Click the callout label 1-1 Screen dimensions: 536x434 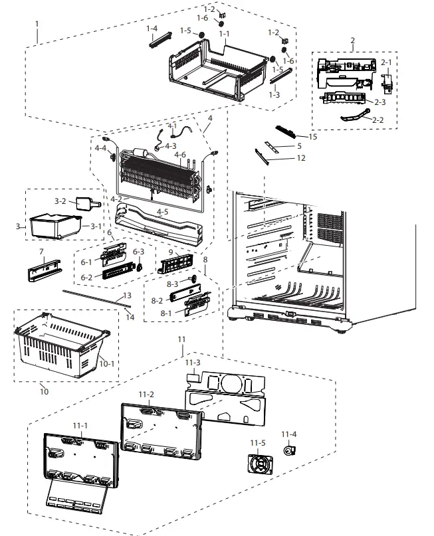click(x=225, y=34)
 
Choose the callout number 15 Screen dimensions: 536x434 click(x=313, y=137)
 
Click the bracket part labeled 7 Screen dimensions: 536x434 click(x=43, y=271)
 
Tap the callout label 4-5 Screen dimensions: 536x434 click(x=162, y=213)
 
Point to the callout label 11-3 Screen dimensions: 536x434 click(x=192, y=362)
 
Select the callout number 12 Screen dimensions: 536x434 click(x=301, y=158)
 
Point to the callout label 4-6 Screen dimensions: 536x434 click(x=180, y=154)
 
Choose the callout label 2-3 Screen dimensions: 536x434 click(x=380, y=102)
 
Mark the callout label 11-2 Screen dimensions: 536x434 click(x=146, y=394)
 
